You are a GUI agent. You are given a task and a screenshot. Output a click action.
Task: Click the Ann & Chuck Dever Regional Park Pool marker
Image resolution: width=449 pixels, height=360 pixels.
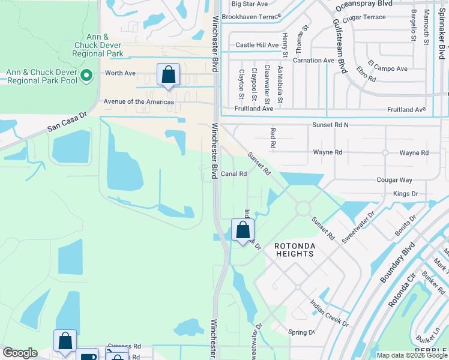[x=87, y=76]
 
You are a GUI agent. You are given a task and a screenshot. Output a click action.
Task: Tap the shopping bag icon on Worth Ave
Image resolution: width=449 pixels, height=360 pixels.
[x=169, y=76]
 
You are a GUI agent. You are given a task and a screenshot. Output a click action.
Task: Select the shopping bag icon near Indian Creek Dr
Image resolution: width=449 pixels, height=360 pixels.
[x=243, y=230]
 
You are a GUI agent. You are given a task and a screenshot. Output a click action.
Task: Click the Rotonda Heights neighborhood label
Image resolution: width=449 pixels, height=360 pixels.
[x=294, y=250]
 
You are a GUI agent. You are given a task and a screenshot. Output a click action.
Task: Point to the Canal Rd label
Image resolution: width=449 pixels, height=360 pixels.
[x=234, y=174]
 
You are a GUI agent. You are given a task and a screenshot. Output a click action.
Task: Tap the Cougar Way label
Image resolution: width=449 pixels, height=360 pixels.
[x=394, y=180]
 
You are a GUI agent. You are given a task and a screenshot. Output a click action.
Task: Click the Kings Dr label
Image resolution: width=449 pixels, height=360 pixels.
[x=405, y=194]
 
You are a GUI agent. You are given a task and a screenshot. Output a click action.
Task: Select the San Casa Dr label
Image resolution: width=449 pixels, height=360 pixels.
[x=67, y=122]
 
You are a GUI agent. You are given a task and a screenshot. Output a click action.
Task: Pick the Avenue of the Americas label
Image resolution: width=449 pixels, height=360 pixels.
[x=139, y=102]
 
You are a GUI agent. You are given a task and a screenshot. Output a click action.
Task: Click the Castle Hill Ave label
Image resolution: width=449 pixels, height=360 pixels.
[x=257, y=45]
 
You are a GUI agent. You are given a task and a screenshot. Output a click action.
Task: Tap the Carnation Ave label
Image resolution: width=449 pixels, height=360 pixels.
[x=313, y=61]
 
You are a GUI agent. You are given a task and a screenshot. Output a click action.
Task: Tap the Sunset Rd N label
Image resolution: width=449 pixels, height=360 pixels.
[x=330, y=124]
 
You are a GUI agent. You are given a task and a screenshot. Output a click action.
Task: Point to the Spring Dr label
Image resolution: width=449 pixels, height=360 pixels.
[x=302, y=332]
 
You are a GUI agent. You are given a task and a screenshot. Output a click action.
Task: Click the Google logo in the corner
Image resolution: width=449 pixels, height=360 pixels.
[x=20, y=353]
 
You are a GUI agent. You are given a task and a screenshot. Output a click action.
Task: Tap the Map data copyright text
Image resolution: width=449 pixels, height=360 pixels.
[x=412, y=355]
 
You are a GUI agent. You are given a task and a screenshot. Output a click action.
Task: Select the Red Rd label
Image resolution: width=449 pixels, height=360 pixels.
[x=273, y=137]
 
